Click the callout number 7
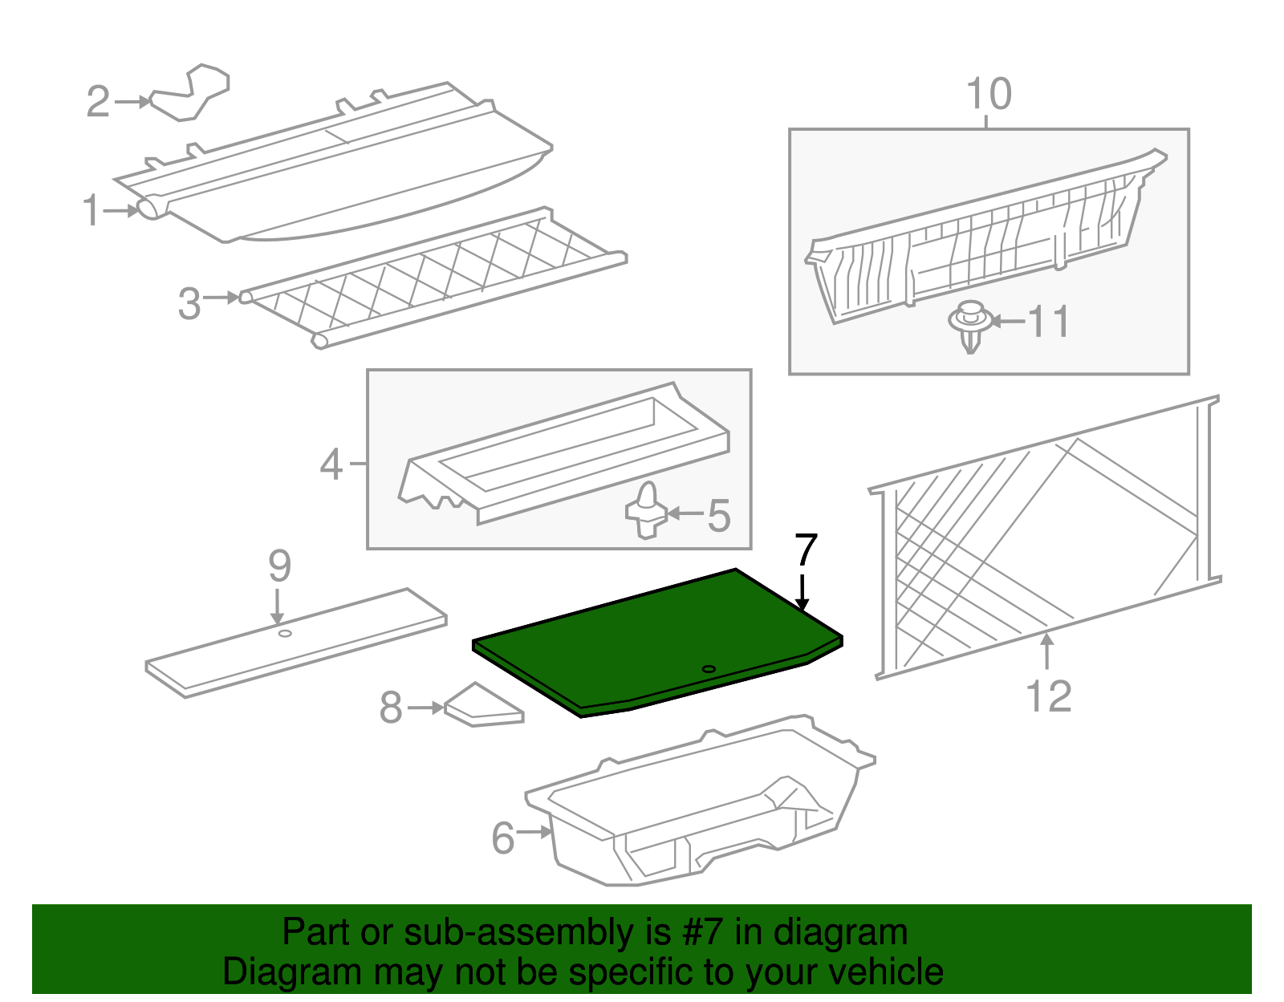806,551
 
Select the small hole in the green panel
708,669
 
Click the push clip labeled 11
970,325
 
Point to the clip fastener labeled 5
646,511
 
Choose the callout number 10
989,95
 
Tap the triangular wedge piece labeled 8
481,707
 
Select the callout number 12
1048,696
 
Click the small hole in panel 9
284,634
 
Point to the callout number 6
503,838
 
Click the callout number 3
189,304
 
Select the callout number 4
331,464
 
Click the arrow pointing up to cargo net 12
1046,650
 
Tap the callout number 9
279,566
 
